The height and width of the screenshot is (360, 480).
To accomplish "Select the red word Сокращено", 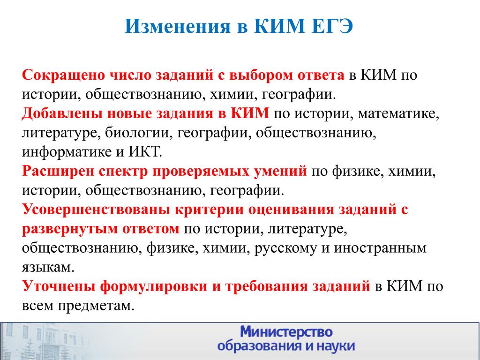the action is click(x=63, y=75).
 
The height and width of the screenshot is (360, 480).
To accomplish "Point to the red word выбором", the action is click(x=261, y=75).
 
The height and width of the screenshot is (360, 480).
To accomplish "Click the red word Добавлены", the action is click(x=62, y=113).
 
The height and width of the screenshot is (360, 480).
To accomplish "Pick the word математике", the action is click(x=398, y=113).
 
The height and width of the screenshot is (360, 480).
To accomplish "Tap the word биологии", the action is click(x=139, y=133).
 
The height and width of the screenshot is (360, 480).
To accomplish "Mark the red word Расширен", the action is click(x=58, y=171).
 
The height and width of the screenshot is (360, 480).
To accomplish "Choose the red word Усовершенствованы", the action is click(x=96, y=210).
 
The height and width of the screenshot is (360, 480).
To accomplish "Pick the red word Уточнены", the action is click(x=58, y=286).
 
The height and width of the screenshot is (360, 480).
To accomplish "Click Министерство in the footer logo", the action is click(x=286, y=332).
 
